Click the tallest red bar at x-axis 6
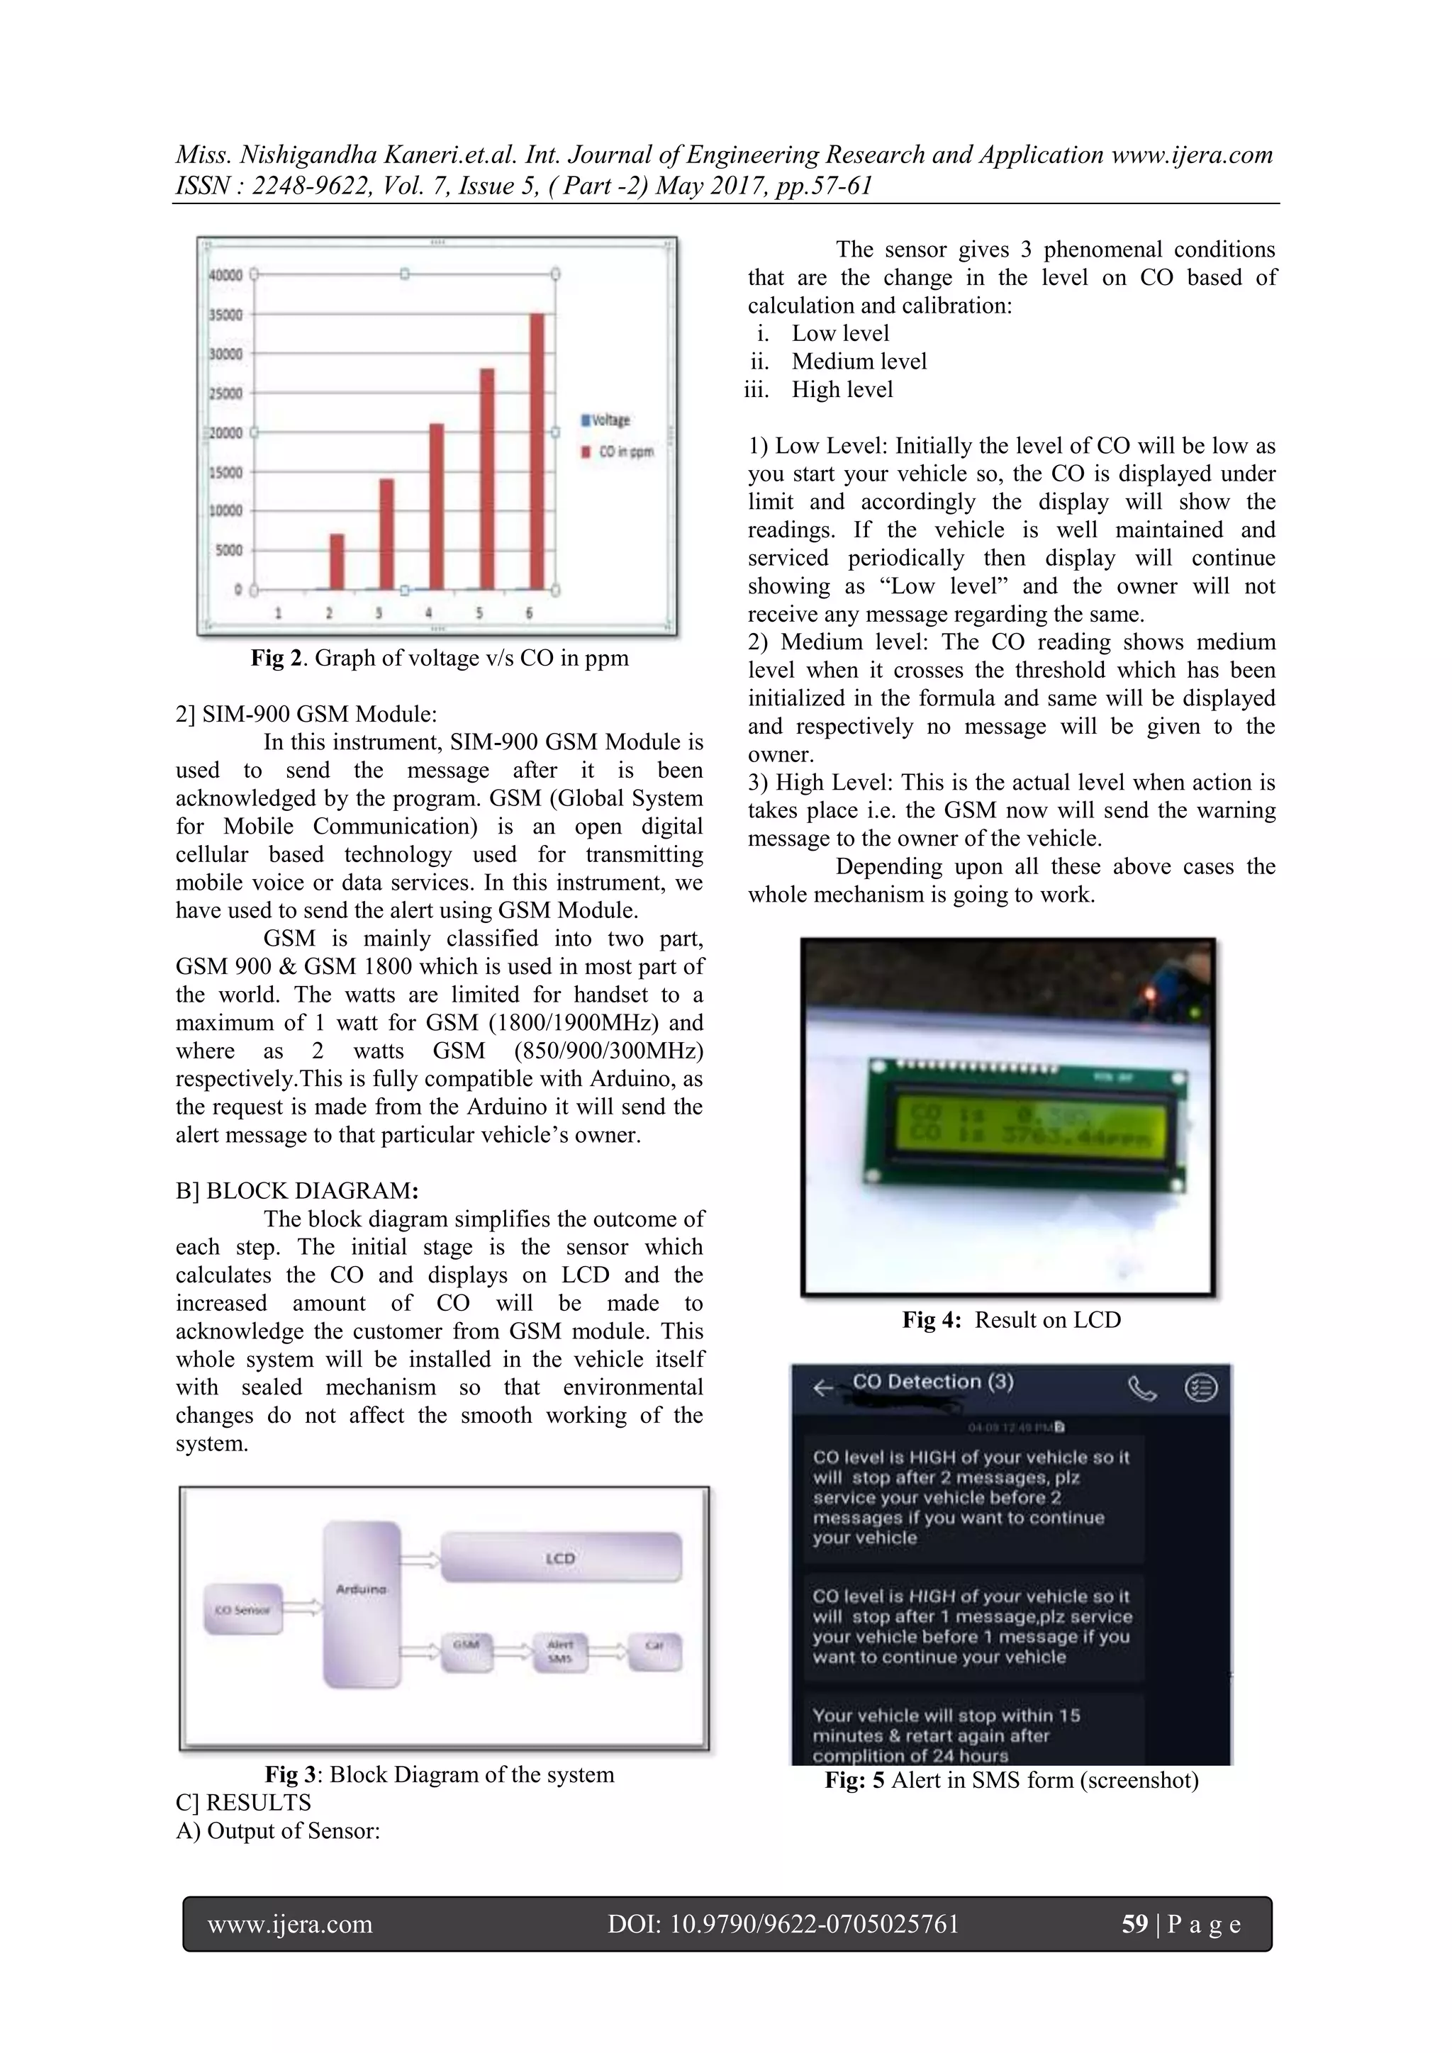click(537, 452)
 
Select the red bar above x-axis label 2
click(336, 561)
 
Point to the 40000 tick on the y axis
click(225, 275)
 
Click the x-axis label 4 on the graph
click(429, 613)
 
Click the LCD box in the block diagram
click(562, 1557)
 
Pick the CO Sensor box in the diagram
click(243, 1609)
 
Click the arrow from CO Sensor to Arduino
click(303, 1608)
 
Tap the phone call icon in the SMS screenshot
click(1141, 1389)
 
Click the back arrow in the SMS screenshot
click(822, 1389)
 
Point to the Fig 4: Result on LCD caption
click(1011, 1320)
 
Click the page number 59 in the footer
click(1134, 1924)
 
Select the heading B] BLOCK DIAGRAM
click(296, 1191)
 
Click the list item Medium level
click(859, 362)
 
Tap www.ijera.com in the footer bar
click(290, 1924)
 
